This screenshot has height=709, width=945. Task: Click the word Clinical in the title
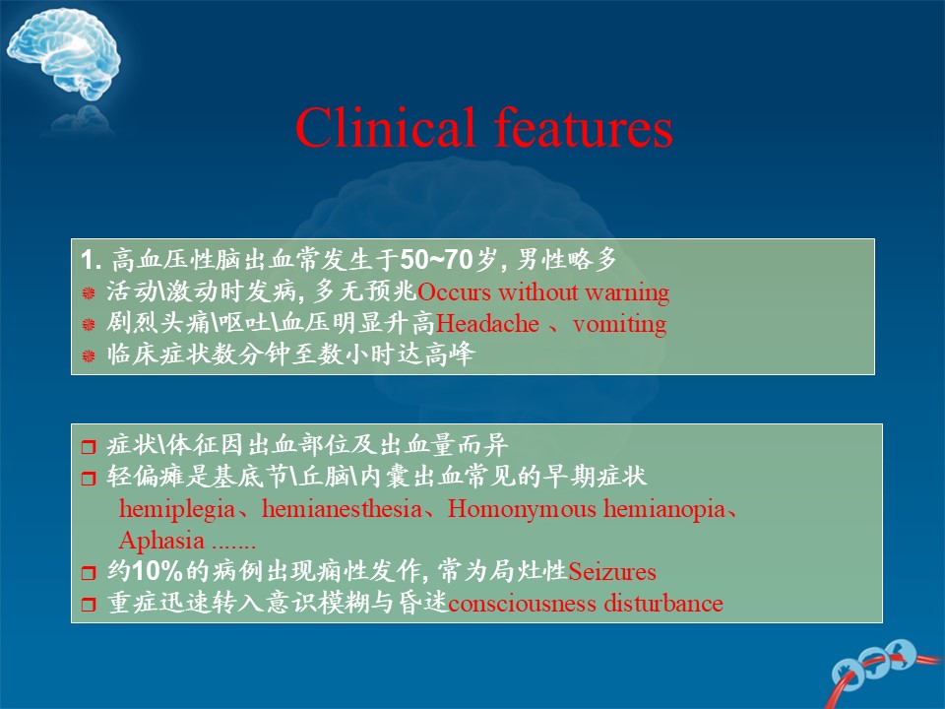[x=385, y=127]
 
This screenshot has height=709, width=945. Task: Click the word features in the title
[x=584, y=127]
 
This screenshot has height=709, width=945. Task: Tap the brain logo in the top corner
[x=64, y=55]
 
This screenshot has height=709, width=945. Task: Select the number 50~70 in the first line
[x=436, y=259]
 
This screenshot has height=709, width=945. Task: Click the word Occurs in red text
[x=455, y=292]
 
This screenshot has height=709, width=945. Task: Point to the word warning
[x=627, y=293]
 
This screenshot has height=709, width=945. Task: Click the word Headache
[x=487, y=324]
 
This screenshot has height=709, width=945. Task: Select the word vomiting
[x=619, y=325]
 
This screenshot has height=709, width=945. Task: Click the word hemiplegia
[x=177, y=509]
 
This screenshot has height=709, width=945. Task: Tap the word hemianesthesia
[x=342, y=509]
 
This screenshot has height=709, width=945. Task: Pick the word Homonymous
[x=522, y=509]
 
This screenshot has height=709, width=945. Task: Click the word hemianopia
[x=664, y=509]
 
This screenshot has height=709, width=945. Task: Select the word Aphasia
[x=161, y=541]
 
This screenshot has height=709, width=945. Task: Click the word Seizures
[x=612, y=571]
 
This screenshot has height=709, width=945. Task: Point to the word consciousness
[x=522, y=604]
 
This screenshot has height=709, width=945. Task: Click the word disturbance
[x=663, y=603]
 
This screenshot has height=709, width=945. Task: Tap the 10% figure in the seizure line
[x=157, y=571]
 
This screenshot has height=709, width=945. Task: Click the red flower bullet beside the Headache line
[x=89, y=324]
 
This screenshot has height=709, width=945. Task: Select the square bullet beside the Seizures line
[x=89, y=571]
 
